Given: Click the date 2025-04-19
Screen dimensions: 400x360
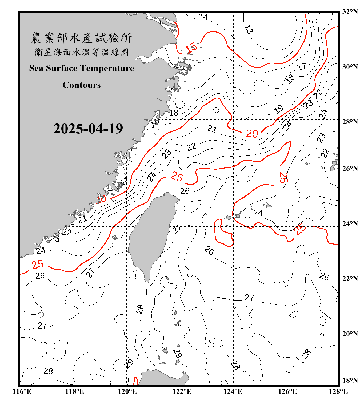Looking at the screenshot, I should (x=88, y=129).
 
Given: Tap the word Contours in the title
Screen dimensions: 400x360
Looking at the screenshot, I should (x=82, y=85).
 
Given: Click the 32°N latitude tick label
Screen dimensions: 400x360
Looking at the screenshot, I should (x=350, y=12).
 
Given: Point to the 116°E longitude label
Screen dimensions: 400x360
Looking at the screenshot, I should (x=22, y=391).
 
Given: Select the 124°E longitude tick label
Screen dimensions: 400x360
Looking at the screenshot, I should (x=233, y=391).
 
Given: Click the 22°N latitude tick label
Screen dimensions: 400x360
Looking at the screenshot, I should (x=350, y=279).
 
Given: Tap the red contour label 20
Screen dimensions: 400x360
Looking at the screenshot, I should (x=252, y=133).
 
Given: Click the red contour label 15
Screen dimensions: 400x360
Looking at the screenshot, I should (x=191, y=48).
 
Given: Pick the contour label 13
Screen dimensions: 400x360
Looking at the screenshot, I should (x=249, y=29).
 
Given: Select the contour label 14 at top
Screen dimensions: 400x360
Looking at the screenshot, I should (x=203, y=17).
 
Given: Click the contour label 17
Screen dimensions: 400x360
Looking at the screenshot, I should (x=302, y=67).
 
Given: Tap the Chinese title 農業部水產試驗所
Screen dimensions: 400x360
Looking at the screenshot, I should (x=81, y=38).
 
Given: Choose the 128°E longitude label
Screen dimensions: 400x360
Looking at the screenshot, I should (x=338, y=391).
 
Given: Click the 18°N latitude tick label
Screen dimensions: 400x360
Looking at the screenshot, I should (x=350, y=381).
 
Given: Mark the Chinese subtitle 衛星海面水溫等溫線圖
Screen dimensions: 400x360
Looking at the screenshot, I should (x=81, y=52).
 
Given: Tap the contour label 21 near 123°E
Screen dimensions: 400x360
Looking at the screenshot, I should (x=212, y=129).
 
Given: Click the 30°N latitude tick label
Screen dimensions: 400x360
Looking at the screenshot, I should (x=350, y=67).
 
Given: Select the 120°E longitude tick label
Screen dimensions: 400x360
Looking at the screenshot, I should (x=127, y=391).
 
